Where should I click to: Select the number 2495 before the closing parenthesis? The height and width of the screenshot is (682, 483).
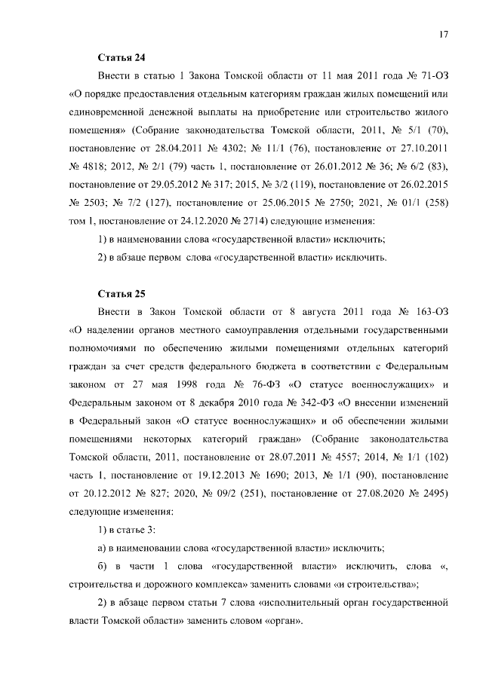coord(433,492)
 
